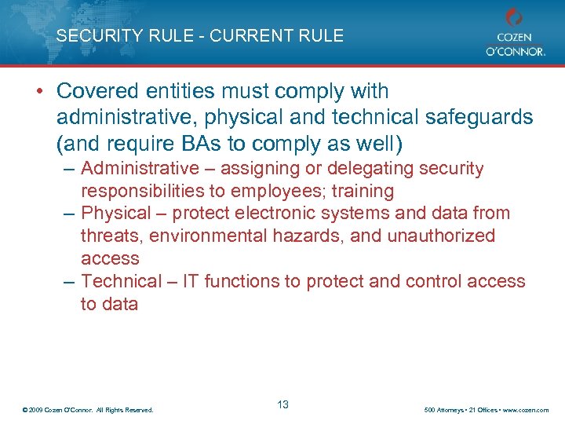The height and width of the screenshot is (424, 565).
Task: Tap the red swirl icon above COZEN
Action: click(514, 17)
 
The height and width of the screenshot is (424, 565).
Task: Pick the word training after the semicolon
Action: click(363, 191)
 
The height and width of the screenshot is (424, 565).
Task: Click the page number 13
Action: click(282, 404)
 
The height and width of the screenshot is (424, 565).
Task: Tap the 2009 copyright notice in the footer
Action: click(89, 410)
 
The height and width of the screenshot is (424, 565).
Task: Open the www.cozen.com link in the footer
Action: click(526, 410)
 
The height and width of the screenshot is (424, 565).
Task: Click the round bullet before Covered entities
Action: click(38, 92)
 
